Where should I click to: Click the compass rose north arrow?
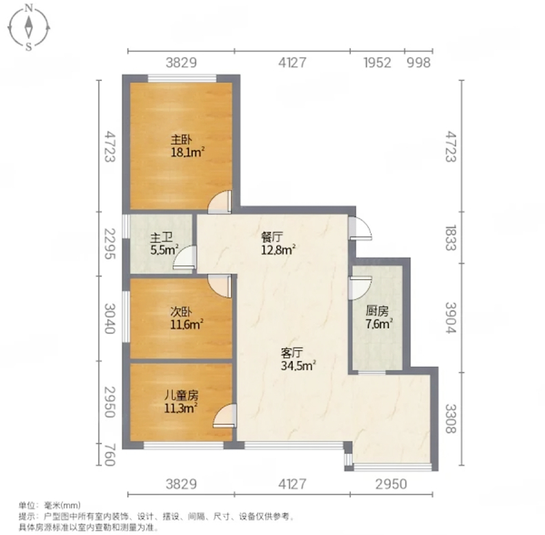29,27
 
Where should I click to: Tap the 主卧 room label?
181,140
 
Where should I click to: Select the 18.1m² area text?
187,153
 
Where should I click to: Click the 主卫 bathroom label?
161,238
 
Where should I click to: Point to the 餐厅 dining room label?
271,237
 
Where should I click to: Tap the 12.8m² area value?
278,250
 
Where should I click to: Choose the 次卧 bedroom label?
181,312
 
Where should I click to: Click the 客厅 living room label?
292,353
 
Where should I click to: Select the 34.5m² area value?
298,366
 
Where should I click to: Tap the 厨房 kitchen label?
377,311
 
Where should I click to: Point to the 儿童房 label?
181,395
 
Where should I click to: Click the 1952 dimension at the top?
377,63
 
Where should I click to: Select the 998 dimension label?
418,63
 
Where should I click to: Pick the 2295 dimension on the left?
110,244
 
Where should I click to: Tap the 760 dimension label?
109,454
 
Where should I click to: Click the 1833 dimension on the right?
451,238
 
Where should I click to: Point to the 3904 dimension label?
451,317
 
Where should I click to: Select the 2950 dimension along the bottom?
391,484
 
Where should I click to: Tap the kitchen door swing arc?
362,289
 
